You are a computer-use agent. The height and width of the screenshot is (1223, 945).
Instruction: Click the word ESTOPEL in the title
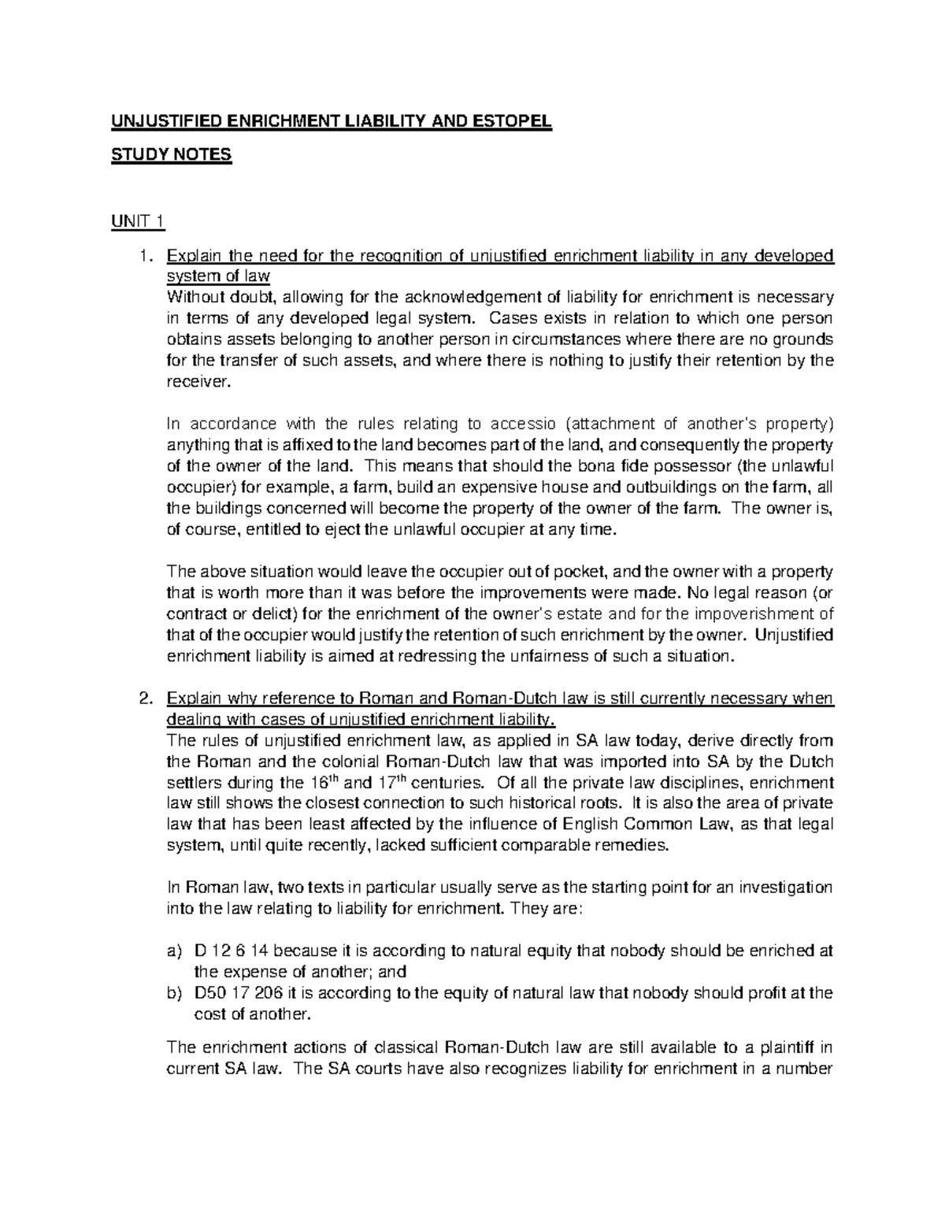click(512, 122)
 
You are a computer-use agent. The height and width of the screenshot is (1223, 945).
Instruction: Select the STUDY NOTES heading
click(171, 154)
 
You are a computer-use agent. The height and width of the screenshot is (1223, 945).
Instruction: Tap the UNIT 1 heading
click(138, 223)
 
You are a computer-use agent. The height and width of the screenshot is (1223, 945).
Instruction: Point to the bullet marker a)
click(175, 951)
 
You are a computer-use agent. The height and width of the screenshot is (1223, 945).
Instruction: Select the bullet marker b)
click(175, 993)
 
